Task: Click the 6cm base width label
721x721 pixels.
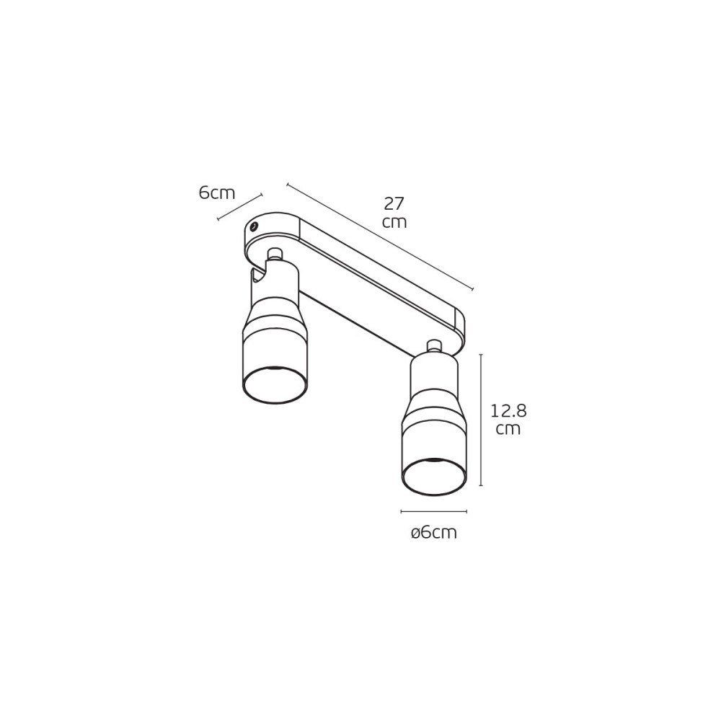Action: tap(216, 193)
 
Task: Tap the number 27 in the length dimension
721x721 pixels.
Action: tap(394, 203)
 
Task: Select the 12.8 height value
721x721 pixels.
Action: tap(508, 411)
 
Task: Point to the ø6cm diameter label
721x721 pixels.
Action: tap(434, 533)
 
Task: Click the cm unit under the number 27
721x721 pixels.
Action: tap(394, 223)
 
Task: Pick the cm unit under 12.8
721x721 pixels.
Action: tap(508, 430)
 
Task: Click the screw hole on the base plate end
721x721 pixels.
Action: tap(253, 226)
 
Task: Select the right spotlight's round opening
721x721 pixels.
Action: tap(435, 477)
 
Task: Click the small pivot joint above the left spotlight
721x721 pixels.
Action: tap(275, 254)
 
